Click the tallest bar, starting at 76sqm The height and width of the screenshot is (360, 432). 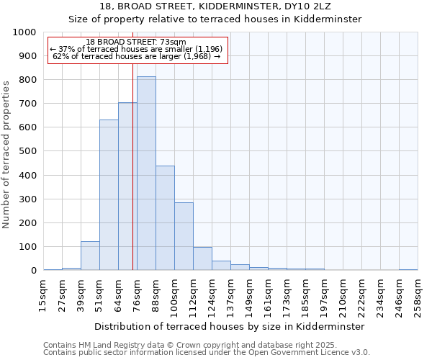pos(146,174)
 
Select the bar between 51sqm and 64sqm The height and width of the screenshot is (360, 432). pos(109,195)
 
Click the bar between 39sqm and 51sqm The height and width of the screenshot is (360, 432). pos(90,256)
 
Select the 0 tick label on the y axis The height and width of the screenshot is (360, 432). pos(33,271)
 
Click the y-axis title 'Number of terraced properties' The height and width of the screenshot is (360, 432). pos(6,154)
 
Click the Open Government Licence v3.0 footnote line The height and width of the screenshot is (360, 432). pos(207,352)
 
